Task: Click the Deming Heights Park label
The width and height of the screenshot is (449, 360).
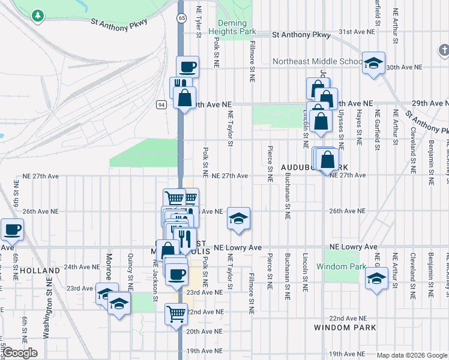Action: pyautogui.click(x=237, y=27)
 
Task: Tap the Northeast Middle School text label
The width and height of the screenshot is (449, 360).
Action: pyautogui.click(x=317, y=61)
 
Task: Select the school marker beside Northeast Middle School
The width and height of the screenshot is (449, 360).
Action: pyautogui.click(x=373, y=64)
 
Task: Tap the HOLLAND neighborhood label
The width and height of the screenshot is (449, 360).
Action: pyautogui.click(x=40, y=271)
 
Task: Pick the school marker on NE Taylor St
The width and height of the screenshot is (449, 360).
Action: pyautogui.click(x=238, y=220)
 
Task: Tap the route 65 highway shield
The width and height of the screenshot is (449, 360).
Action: pyautogui.click(x=181, y=19)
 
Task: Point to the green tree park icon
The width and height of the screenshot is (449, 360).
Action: pyautogui.click(x=38, y=14)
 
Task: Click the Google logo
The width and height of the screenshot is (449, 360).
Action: pyautogui.click(x=20, y=353)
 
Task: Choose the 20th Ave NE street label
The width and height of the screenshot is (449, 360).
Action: pyautogui.click(x=204, y=331)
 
